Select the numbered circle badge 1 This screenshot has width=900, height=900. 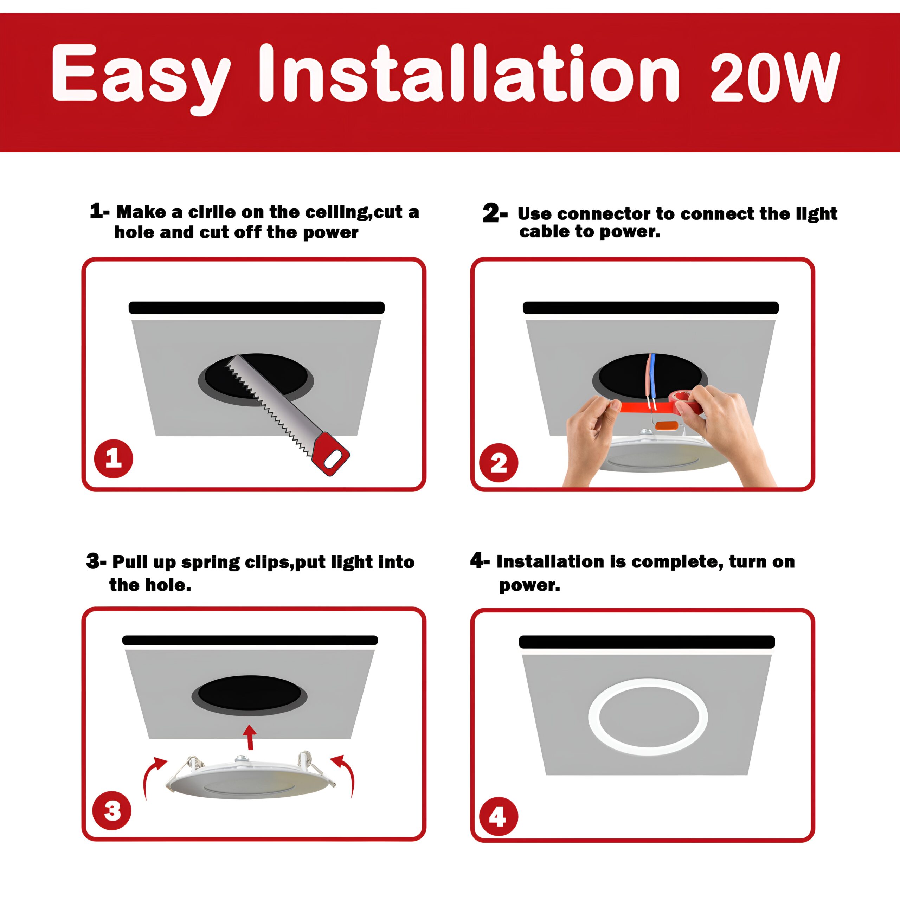[114, 458]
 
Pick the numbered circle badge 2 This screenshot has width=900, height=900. [499, 463]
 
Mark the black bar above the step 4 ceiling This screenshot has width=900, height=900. [647, 642]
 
